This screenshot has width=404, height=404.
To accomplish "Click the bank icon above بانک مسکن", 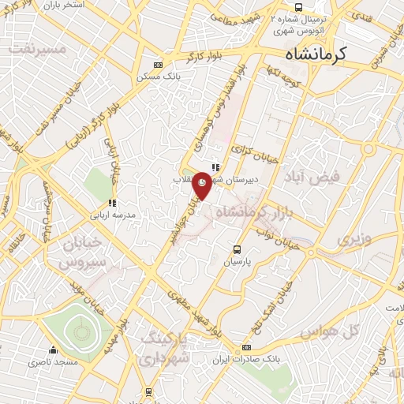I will pos(158,65).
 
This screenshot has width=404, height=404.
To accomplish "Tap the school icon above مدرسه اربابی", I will pos(114,201).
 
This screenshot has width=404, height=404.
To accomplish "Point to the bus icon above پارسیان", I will pos(235,249).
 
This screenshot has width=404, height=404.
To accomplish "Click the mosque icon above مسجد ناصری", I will pos(53,349).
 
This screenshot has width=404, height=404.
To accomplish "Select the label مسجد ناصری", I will pos(54,361).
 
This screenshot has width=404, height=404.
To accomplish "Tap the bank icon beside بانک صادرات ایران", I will pos(247,348).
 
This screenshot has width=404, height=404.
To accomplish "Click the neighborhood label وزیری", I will pos(353,237).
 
